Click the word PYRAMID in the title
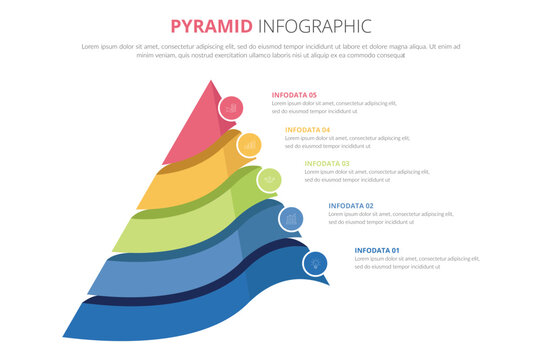[212, 25]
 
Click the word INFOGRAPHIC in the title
[314, 25]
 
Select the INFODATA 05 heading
[294, 95]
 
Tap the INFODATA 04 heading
[307, 130]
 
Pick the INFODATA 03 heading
[326, 163]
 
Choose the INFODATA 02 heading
[351, 206]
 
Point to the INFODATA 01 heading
[377, 250]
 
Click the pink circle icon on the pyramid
[231, 107]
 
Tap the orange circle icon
[249, 145]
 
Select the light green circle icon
[269, 180]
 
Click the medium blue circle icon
[291, 217]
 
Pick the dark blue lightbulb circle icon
[316, 262]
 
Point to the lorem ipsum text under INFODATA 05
[333, 107]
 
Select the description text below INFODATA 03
[365, 176]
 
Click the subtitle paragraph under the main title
[270, 51]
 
